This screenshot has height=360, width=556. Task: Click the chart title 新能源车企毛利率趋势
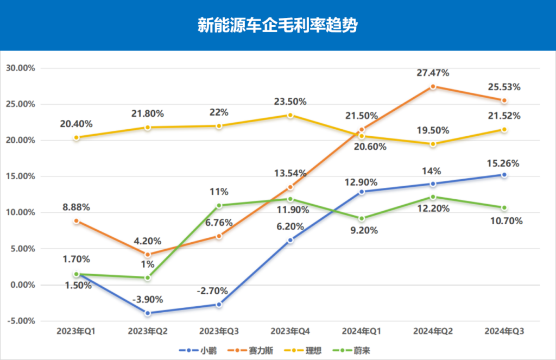(x=277, y=26)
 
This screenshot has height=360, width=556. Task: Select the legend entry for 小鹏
(x=201, y=350)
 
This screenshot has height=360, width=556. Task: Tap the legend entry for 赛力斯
(x=255, y=350)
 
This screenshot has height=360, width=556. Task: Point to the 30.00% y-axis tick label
(x=20, y=68)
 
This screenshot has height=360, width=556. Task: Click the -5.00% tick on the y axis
(x=20, y=321)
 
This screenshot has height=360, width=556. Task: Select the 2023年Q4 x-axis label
(x=290, y=331)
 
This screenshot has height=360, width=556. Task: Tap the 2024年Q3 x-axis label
(x=504, y=331)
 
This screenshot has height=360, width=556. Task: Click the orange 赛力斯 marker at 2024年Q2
(x=433, y=87)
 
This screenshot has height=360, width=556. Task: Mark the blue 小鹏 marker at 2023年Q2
(x=148, y=313)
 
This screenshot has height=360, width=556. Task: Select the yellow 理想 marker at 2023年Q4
(x=290, y=115)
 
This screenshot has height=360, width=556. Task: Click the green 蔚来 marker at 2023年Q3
(x=219, y=205)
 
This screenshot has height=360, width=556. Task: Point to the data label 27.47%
(x=433, y=73)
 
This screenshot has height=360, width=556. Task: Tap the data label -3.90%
(x=148, y=299)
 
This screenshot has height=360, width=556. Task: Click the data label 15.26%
(x=504, y=163)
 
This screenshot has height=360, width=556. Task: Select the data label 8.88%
(x=77, y=207)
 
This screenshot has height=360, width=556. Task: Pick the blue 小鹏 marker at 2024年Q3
(x=504, y=175)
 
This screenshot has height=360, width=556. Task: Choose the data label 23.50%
(x=290, y=102)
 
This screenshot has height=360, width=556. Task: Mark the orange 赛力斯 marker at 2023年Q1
(x=77, y=221)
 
